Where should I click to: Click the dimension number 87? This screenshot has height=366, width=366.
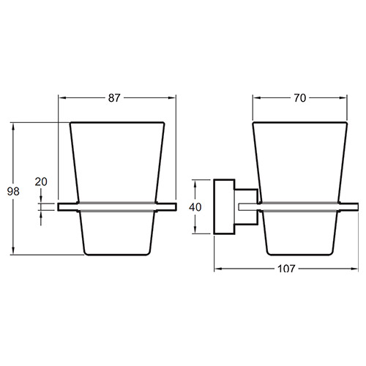[x=114, y=98]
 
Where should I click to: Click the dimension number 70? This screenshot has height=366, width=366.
[x=299, y=98]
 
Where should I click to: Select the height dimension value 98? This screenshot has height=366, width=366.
[x=13, y=192]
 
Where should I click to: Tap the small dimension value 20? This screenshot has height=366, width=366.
[x=41, y=182]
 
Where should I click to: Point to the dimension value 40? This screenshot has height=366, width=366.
[x=195, y=207]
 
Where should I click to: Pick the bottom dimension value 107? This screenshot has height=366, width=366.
[x=286, y=269]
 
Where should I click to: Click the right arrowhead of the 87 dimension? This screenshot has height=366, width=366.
[x=172, y=98]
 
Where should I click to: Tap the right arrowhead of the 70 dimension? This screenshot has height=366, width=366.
[x=343, y=98]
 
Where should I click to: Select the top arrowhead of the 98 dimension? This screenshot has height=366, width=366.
[x=13, y=127]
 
